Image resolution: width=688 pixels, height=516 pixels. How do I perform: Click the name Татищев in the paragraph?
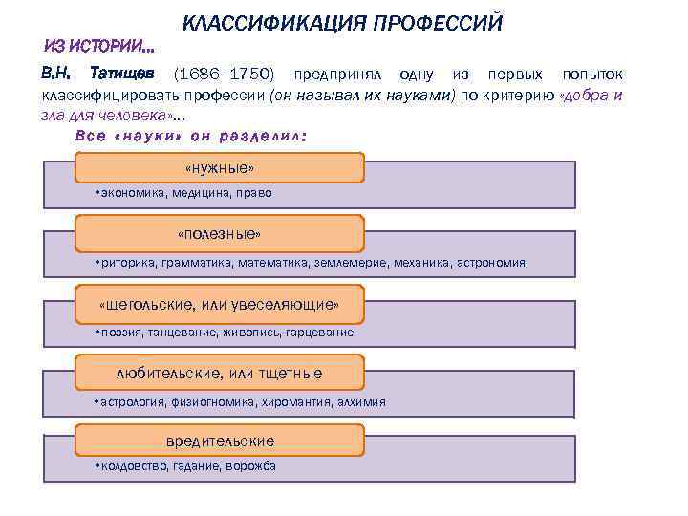[123, 74]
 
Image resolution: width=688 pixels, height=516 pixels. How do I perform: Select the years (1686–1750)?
[222, 74]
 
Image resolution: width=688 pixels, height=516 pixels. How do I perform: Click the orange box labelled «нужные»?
[219, 168]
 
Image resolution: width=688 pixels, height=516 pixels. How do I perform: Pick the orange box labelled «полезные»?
[219, 234]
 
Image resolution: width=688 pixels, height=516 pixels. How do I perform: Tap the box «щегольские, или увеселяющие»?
[219, 305]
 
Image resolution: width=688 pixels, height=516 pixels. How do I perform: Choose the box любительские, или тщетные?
[219, 373]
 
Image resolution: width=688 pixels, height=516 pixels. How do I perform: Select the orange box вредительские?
[219, 441]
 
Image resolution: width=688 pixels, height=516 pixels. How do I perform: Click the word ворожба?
[251, 466]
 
